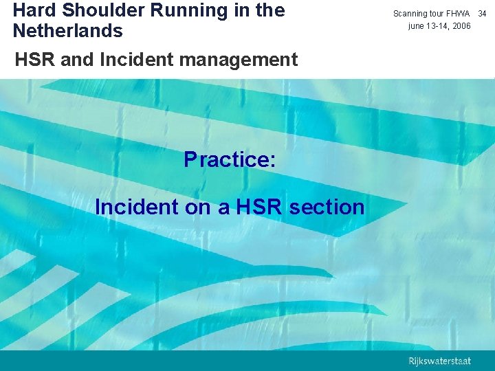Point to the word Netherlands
[x=67, y=31]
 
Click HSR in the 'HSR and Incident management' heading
[x=36, y=60]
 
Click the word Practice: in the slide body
[x=230, y=159]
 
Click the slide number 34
[x=482, y=14]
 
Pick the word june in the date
[x=417, y=26]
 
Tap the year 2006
[x=463, y=26]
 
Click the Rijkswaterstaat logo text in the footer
[x=440, y=361]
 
